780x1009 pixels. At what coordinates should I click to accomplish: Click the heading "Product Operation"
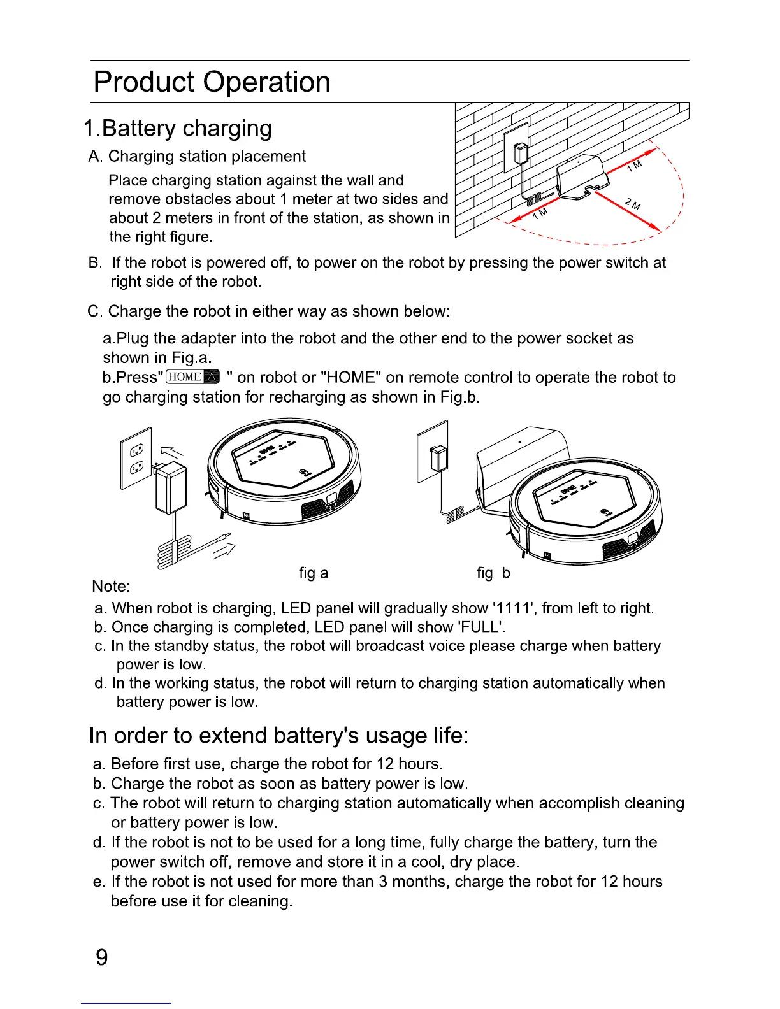click(x=212, y=82)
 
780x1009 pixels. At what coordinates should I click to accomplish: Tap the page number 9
click(x=101, y=957)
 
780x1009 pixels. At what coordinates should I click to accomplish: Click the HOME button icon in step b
click(x=192, y=377)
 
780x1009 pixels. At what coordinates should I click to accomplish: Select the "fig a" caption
click(x=314, y=573)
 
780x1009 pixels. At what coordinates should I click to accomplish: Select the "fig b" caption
click(x=493, y=573)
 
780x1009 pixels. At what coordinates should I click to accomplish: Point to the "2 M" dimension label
click(x=633, y=204)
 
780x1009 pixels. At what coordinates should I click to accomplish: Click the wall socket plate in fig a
click(x=136, y=458)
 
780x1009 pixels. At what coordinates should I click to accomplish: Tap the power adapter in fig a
click(x=171, y=487)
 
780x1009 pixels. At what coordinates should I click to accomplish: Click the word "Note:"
click(x=111, y=586)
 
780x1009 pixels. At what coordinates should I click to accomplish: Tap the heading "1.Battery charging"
click(x=178, y=128)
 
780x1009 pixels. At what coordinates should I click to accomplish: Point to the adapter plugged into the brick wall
click(x=521, y=153)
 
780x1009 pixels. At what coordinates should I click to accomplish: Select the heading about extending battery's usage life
click(x=278, y=736)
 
